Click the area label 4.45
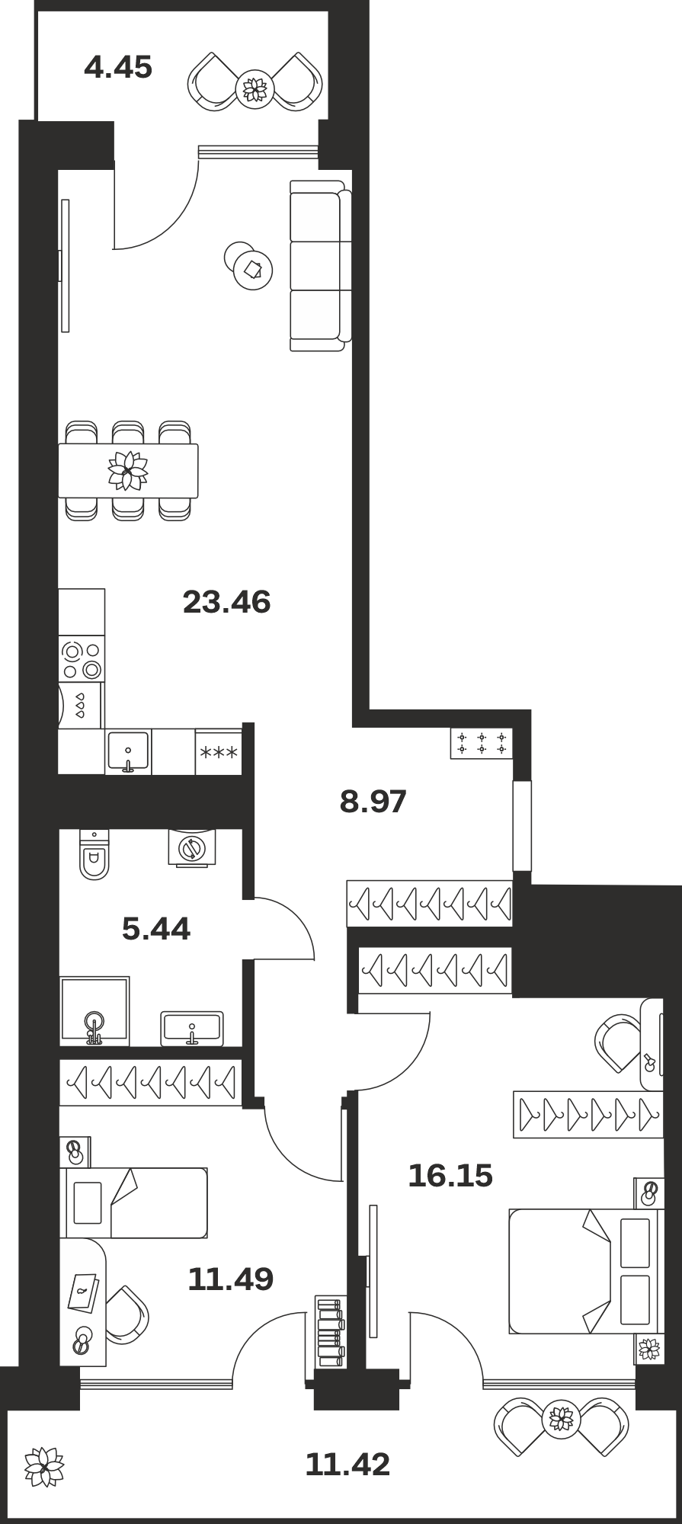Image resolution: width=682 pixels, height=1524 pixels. coord(118,69)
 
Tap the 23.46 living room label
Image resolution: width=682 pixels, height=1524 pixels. coord(227,603)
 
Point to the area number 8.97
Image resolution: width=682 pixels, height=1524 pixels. coord(373,802)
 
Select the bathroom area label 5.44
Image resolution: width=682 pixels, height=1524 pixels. coord(156,929)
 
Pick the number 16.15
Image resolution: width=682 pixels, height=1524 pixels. coord(450,1176)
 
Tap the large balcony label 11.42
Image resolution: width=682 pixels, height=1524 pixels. coord(347,1464)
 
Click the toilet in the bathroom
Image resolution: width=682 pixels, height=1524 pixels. coord(94,854)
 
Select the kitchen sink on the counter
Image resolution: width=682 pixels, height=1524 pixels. coord(128,752)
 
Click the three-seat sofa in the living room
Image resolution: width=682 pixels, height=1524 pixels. coord(321,266)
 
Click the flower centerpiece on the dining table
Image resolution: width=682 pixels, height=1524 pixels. coord(127,471)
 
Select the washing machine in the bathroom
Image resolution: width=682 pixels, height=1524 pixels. coord(192,847)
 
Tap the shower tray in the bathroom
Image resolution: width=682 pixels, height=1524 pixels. coord(94,1011)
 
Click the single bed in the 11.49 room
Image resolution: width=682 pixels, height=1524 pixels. coord(134,1202)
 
